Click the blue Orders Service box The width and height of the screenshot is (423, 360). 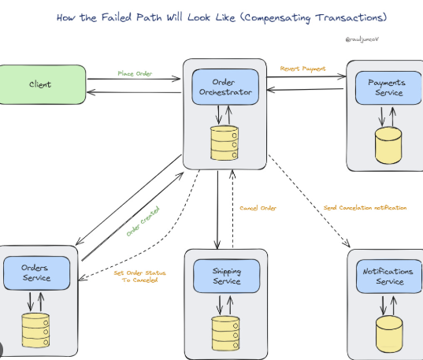35,273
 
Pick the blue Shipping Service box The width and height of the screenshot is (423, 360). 227,276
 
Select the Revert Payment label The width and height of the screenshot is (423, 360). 302,69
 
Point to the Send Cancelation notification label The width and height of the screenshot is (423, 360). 365,208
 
